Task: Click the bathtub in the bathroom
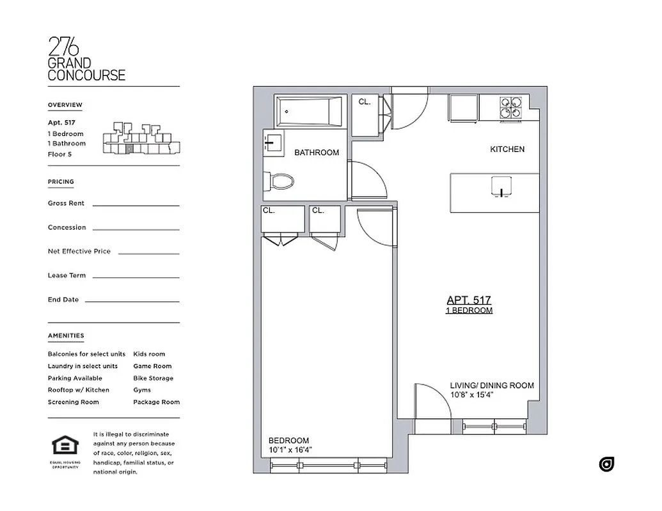click(x=310, y=111)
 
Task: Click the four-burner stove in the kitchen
click(x=510, y=107)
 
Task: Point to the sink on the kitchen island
click(x=501, y=186)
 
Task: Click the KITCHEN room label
click(x=507, y=149)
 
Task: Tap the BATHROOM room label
click(x=317, y=153)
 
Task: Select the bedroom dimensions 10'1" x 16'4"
click(x=290, y=450)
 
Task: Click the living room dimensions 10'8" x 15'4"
click(x=471, y=395)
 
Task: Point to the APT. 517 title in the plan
click(x=469, y=300)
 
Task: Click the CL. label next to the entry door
click(x=365, y=102)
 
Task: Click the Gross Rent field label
click(x=66, y=203)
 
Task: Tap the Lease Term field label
click(x=67, y=275)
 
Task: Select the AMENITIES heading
click(x=65, y=335)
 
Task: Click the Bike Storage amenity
click(x=153, y=378)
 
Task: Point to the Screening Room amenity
click(x=73, y=402)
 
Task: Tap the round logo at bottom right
click(x=606, y=464)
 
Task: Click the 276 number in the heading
click(x=63, y=47)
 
